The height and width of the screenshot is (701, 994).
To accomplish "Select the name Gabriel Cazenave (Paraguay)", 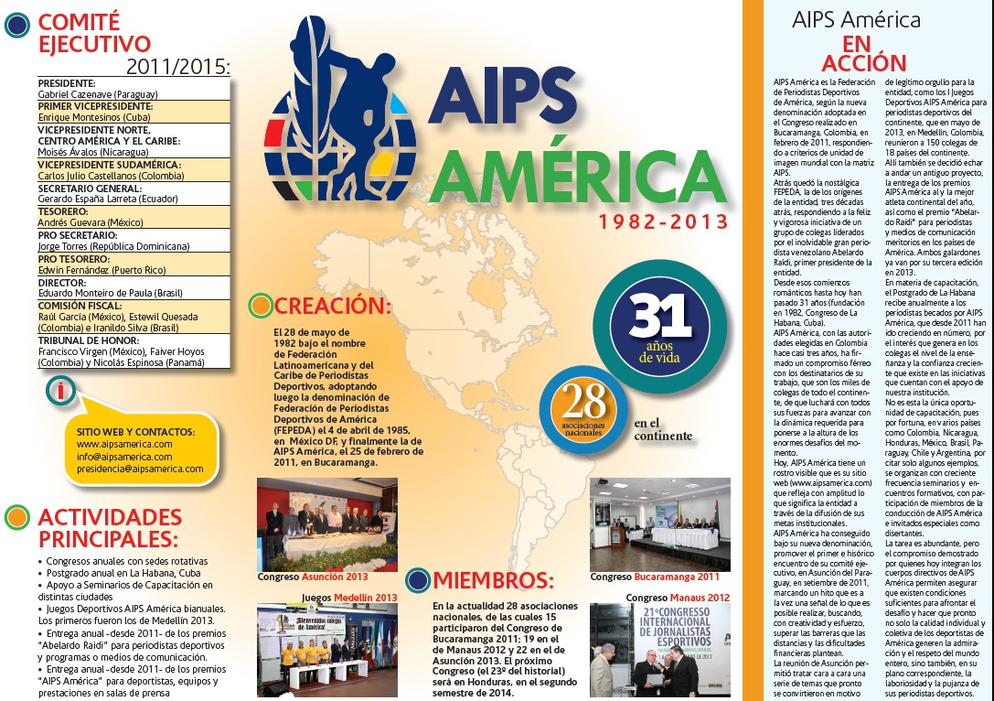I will (98, 94).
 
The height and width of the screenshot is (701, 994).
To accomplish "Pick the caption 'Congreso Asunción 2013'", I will (313, 577).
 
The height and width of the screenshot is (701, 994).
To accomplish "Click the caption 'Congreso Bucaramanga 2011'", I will (655, 577).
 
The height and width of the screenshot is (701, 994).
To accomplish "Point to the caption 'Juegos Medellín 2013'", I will (350, 598).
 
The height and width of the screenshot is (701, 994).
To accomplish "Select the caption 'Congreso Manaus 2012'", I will (678, 598).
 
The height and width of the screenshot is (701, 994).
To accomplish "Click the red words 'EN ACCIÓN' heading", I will (857, 52).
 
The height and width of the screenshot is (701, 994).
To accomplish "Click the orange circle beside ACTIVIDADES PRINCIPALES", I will (16, 517).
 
